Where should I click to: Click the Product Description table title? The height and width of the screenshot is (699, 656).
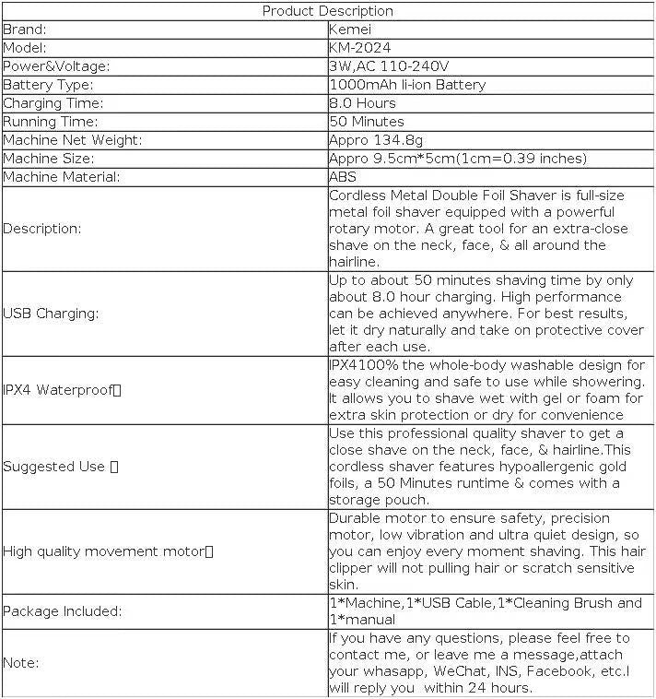[x=327, y=11]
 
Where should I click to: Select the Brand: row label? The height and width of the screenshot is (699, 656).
[x=25, y=30]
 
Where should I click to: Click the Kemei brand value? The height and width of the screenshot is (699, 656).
[x=350, y=30]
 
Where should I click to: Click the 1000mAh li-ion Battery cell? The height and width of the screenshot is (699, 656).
[x=406, y=85]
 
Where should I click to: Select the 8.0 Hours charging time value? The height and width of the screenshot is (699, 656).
[x=362, y=103]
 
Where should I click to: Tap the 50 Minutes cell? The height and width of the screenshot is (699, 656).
[x=366, y=122]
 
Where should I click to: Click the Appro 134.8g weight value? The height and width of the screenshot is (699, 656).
[x=376, y=140]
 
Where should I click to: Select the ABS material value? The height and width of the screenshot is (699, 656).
[x=342, y=177]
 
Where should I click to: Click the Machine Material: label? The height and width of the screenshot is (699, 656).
[x=61, y=177]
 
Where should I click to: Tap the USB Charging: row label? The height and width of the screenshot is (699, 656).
[x=51, y=314]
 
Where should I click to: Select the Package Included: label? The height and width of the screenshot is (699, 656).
[x=62, y=610]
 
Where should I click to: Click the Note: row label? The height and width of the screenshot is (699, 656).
[x=20, y=662]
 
